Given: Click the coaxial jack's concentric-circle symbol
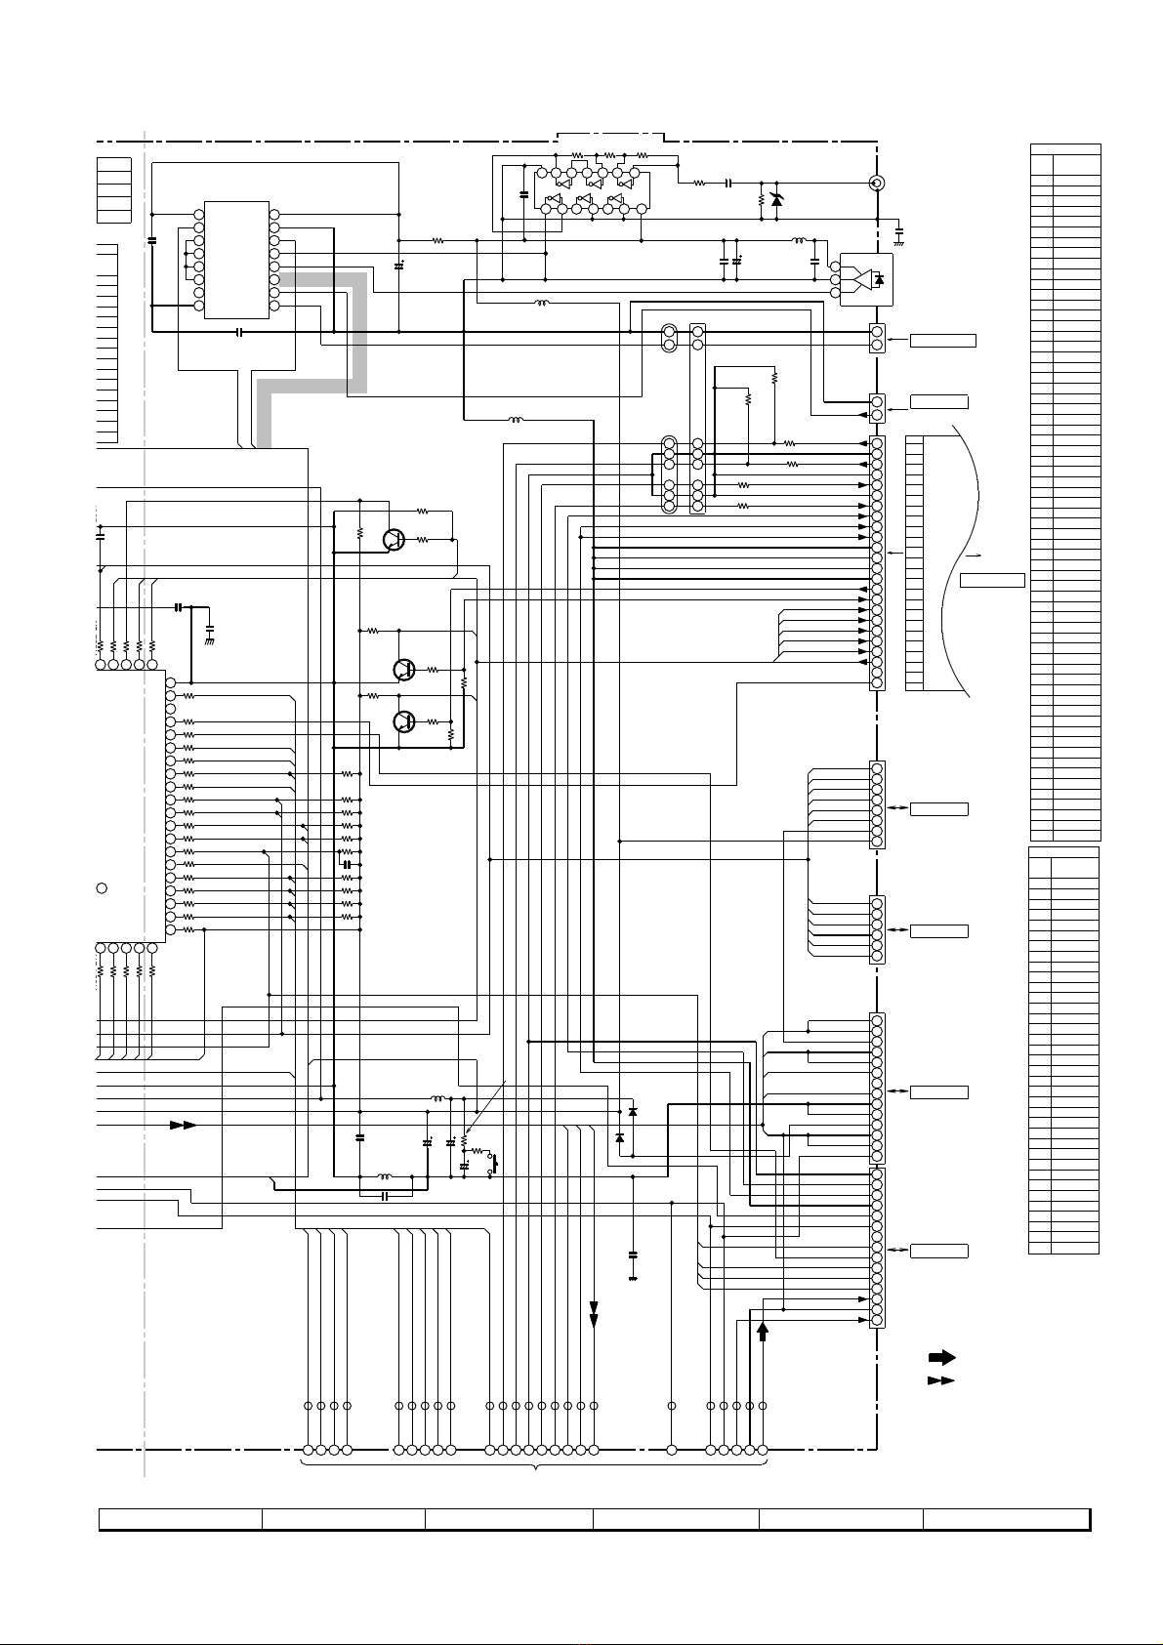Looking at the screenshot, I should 877,183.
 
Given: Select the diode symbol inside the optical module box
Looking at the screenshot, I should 879,280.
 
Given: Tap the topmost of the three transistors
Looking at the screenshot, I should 394,540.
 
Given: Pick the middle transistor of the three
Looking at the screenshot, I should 403,670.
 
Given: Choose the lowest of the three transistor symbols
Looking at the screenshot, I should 403,721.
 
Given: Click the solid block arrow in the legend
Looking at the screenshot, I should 940,1357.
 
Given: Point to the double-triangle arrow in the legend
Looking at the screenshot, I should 940,1380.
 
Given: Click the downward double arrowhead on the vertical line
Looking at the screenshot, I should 594,1320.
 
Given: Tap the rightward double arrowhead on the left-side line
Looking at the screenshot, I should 183,1125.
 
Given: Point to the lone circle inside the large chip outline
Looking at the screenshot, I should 101,887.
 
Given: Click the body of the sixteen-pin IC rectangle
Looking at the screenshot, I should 236,260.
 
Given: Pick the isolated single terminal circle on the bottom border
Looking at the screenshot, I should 672,1450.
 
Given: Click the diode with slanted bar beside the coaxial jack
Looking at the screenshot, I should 776,200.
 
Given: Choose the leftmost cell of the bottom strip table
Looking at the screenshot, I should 181,1519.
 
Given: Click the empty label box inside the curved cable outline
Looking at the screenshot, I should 992,580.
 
